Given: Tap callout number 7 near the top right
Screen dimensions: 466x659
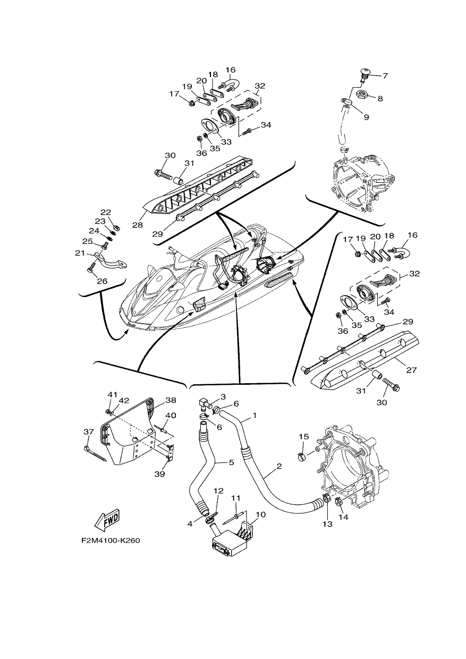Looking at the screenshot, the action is point(385,75).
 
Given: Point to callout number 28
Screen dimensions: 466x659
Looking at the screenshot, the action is point(138,225).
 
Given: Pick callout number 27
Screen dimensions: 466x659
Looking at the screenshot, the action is point(411,369).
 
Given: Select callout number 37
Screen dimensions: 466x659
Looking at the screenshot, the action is point(89,432).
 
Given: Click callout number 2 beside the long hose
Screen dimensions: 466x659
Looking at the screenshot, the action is point(279,466).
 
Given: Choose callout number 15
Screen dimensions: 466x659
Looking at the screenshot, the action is point(304,436).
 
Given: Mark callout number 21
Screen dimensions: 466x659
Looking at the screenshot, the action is point(80,253).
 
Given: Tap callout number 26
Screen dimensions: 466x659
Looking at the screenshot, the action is point(102,281).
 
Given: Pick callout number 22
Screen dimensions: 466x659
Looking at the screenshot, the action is point(106,212).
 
